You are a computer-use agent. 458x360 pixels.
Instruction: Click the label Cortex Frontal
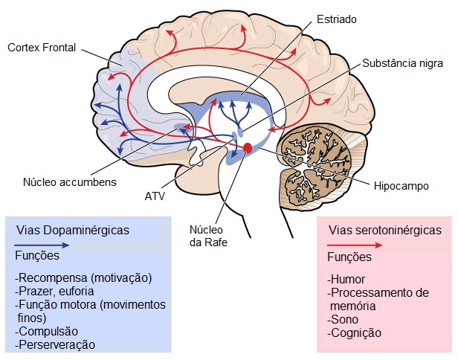pyautogui.click(x=42, y=48)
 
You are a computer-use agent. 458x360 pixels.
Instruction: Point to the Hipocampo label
pyautogui.click(x=401, y=185)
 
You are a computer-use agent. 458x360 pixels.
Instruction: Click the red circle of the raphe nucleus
pyautogui.click(x=248, y=149)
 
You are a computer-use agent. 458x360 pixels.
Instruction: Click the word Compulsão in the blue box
pyautogui.click(x=45, y=331)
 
